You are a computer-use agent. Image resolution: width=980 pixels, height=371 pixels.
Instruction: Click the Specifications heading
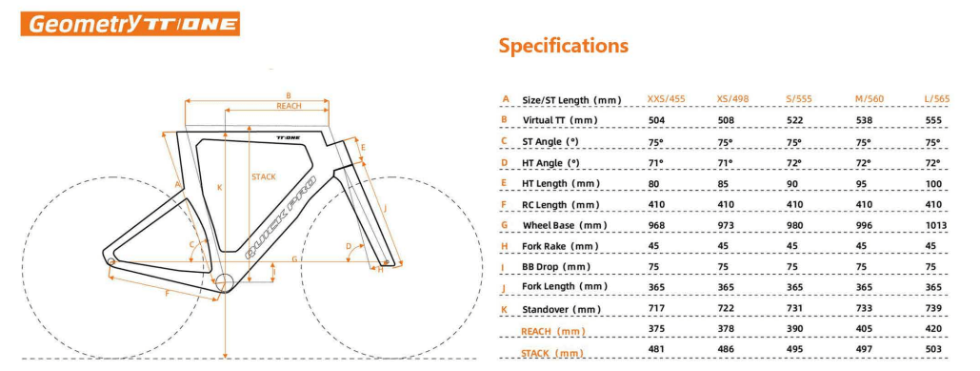(x=563, y=46)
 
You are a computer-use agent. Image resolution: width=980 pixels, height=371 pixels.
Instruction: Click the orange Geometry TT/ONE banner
(x=130, y=24)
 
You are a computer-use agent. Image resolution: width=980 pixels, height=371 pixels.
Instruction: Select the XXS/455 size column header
(x=666, y=100)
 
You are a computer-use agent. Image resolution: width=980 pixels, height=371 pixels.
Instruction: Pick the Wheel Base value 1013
(x=935, y=226)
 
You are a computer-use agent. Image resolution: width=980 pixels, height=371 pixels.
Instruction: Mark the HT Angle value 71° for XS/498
(x=726, y=163)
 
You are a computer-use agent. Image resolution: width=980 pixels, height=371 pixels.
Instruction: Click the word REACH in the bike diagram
(x=289, y=107)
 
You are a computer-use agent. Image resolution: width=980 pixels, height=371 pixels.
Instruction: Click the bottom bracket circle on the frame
(x=224, y=282)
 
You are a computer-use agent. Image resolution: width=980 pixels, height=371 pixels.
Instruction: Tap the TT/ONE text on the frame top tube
(x=288, y=137)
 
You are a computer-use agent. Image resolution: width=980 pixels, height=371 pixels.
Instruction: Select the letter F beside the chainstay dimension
(x=169, y=294)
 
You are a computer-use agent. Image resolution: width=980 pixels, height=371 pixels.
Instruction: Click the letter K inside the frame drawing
(x=219, y=188)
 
